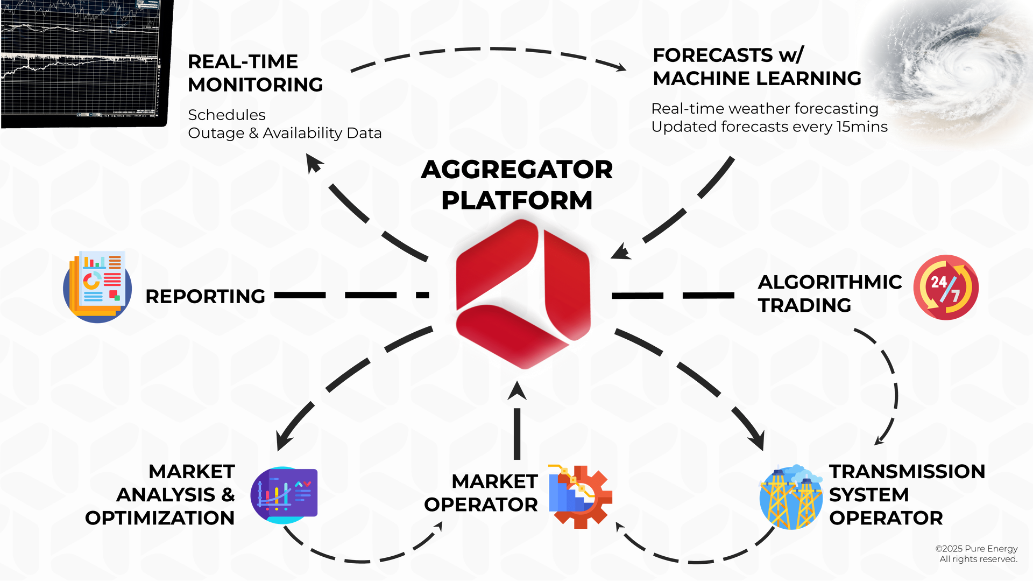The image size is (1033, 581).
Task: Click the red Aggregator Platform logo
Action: (x=523, y=294)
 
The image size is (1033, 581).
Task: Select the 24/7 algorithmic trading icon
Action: (x=946, y=288)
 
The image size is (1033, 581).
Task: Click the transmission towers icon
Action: (x=791, y=497)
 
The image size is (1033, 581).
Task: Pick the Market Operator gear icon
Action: (x=581, y=496)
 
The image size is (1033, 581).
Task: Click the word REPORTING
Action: (x=205, y=296)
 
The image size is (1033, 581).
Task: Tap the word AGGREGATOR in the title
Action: (x=516, y=170)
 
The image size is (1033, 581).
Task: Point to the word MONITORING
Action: (x=256, y=85)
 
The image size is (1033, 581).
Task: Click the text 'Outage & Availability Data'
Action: (x=285, y=133)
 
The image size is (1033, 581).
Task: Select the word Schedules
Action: (x=227, y=115)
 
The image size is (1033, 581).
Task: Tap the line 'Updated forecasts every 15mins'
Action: (x=769, y=127)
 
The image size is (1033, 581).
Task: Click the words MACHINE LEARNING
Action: (x=757, y=79)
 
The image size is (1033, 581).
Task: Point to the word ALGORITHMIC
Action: (x=830, y=282)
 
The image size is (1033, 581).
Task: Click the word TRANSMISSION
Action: (x=907, y=472)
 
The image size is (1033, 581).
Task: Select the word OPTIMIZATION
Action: (x=160, y=518)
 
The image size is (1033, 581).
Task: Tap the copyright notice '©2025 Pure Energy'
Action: (x=977, y=549)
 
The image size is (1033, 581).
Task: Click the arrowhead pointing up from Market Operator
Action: (x=517, y=390)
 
